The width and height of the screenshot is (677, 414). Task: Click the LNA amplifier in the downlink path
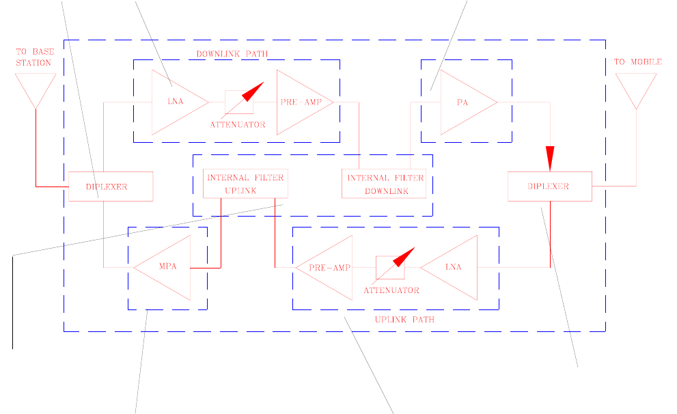[x=176, y=102]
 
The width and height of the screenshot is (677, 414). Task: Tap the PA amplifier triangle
[x=465, y=102]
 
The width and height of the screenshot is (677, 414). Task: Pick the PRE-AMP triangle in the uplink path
[x=328, y=267]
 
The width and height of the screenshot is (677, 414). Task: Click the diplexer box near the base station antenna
[x=110, y=187]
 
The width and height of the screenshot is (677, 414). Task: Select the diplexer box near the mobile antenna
[x=549, y=187]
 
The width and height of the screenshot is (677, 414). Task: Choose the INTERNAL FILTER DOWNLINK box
[x=385, y=184]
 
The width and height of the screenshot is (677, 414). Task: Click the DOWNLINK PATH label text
[x=232, y=53]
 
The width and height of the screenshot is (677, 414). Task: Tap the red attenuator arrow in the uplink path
[x=402, y=258]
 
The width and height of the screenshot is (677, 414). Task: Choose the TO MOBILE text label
[x=637, y=62]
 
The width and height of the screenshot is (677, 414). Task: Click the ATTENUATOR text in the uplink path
[x=391, y=290]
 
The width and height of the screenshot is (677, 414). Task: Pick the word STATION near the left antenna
[x=33, y=63]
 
